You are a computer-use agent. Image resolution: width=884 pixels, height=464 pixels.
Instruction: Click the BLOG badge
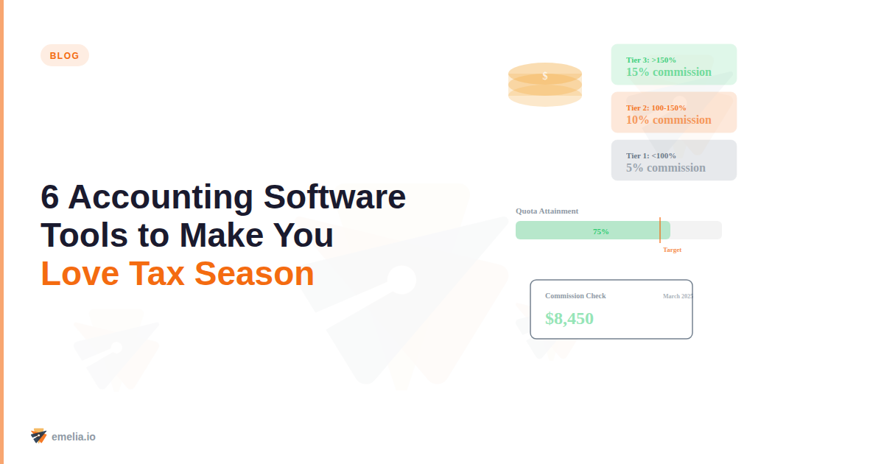[64, 55]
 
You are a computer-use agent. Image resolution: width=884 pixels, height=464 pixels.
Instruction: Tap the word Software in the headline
[334, 197]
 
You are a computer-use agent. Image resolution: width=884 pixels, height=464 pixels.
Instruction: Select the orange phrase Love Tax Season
[178, 274]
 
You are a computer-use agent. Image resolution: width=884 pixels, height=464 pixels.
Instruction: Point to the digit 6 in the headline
[49, 197]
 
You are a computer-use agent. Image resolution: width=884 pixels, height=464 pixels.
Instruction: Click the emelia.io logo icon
[38, 436]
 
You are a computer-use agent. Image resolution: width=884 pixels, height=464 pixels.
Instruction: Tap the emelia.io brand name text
[74, 437]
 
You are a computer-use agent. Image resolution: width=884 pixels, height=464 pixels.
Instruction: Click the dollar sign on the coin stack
[545, 76]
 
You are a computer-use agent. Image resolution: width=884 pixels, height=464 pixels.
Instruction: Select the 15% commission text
[668, 72]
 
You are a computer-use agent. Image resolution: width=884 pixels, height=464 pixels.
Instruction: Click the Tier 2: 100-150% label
[656, 108]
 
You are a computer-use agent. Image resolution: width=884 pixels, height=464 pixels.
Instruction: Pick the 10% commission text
[668, 120]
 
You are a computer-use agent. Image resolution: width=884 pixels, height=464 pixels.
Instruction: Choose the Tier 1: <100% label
[650, 155]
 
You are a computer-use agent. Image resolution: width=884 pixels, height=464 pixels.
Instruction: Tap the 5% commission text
[665, 168]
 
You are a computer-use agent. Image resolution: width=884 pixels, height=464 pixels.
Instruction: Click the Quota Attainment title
[547, 211]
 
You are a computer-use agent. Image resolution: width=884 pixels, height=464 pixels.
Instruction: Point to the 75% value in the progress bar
[601, 231]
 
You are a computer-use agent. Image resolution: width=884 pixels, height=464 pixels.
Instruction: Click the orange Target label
[672, 250]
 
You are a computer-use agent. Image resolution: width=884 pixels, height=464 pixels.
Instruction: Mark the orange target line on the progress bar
[660, 230]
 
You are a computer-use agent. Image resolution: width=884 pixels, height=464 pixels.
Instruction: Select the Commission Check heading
[575, 296]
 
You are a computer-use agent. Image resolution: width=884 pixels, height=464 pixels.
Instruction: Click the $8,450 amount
[569, 319]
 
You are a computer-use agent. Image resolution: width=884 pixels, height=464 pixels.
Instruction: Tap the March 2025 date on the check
[677, 296]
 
